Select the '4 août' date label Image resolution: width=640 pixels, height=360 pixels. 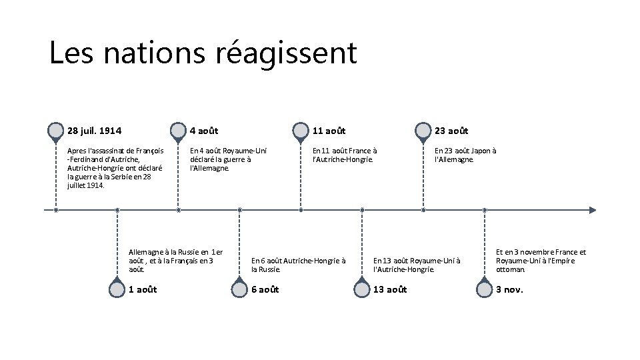205,131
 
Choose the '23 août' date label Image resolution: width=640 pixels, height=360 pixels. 451,131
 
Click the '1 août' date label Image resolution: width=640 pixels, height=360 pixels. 143,289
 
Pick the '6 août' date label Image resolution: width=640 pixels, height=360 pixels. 265,289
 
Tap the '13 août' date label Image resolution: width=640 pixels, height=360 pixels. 390,289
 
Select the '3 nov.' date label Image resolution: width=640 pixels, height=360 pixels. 509,289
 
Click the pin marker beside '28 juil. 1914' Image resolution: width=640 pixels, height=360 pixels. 56,131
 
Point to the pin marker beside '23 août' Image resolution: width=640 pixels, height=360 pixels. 423,131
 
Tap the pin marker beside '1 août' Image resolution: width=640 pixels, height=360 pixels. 117,289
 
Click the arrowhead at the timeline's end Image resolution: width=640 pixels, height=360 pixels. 593,210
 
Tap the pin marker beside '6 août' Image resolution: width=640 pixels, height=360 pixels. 239,289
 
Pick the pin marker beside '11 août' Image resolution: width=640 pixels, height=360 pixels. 301,131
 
